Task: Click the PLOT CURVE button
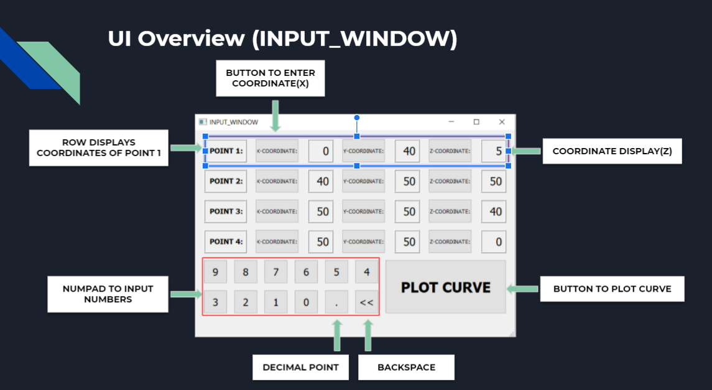pyautogui.click(x=445, y=287)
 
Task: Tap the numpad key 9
pyautogui.click(x=215, y=272)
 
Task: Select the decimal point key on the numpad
pyautogui.click(x=336, y=302)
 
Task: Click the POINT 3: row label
pyautogui.click(x=226, y=211)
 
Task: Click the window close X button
pyautogui.click(x=502, y=122)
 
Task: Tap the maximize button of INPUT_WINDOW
pyautogui.click(x=476, y=122)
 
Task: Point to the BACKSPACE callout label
pyautogui.click(x=406, y=367)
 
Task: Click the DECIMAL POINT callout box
pyautogui.click(x=300, y=367)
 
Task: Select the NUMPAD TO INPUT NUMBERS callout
pyautogui.click(x=108, y=294)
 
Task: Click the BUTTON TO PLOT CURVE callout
pyautogui.click(x=612, y=289)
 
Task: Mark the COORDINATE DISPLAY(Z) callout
pyautogui.click(x=612, y=151)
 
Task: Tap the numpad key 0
pyautogui.click(x=306, y=302)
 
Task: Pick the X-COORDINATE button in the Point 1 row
pyautogui.click(x=277, y=151)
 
